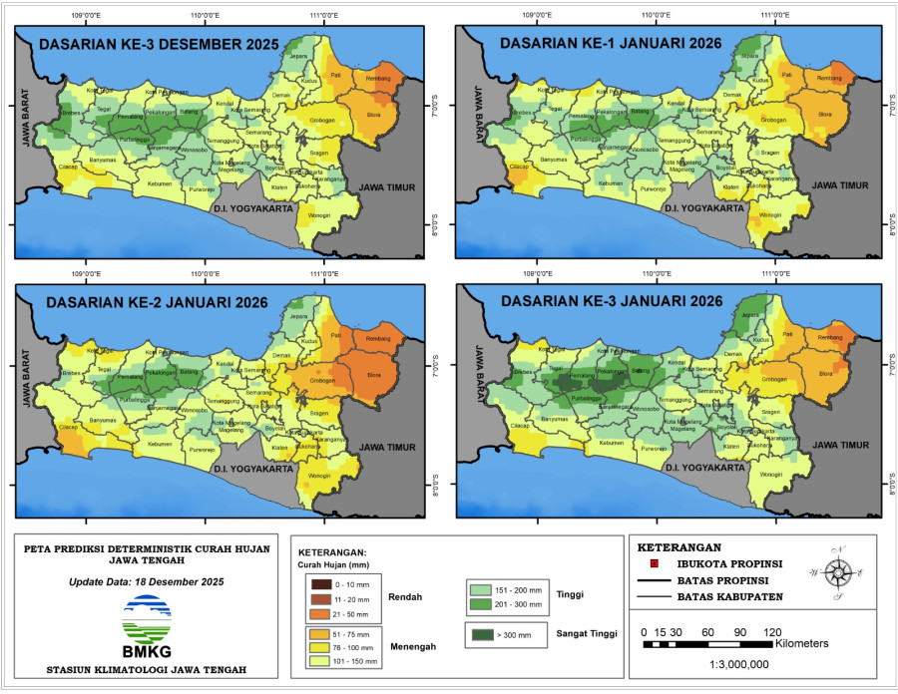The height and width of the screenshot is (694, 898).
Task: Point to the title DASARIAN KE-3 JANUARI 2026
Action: point(611,301)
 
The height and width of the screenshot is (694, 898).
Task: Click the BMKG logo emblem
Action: point(148,620)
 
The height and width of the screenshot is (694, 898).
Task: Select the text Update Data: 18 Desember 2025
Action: point(147,581)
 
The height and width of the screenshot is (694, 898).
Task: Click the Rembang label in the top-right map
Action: point(830,78)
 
